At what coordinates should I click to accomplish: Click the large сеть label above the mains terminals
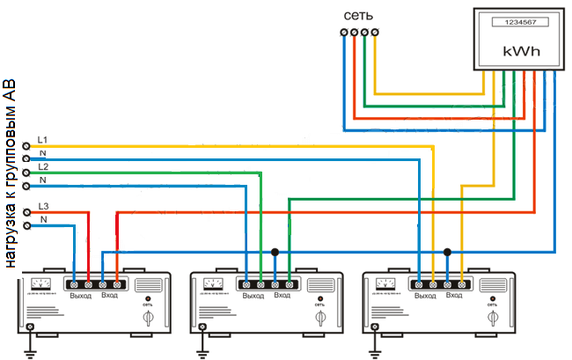click(x=361, y=16)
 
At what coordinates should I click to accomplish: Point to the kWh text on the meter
click(x=520, y=52)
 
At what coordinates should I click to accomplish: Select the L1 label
click(x=43, y=140)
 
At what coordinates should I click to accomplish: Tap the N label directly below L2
click(x=42, y=180)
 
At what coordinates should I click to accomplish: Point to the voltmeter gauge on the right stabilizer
click(x=385, y=283)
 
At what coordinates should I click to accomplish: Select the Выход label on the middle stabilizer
click(x=253, y=295)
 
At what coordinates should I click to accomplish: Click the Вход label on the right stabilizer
click(x=454, y=295)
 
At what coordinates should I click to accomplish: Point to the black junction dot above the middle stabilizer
click(x=275, y=253)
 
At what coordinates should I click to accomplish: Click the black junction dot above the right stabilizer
click(x=448, y=253)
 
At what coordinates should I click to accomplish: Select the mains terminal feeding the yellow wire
click(x=376, y=33)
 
